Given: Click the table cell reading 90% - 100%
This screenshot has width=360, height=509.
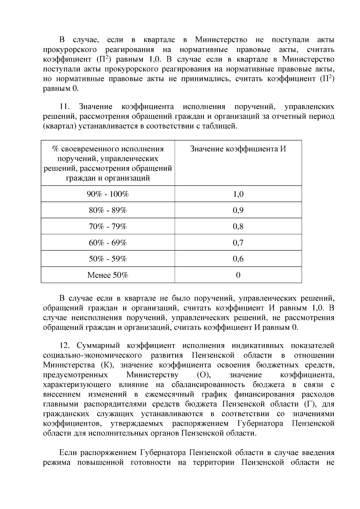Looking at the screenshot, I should (108, 194).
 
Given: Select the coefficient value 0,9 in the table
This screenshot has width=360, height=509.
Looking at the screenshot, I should (238, 210).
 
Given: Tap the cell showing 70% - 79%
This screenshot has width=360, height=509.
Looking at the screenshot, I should (108, 226).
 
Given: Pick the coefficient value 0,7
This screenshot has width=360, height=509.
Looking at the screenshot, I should (238, 243).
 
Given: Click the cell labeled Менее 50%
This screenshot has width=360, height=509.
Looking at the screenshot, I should (108, 275).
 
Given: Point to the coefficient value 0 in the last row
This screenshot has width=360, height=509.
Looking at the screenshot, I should (238, 275).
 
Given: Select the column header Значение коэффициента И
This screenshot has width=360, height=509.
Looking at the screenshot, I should (238, 149).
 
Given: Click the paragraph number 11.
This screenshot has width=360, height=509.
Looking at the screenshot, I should (65, 107).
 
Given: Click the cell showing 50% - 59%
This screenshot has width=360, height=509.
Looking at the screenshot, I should (108, 259).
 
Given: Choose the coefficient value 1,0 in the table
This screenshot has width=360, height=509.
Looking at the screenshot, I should (238, 194).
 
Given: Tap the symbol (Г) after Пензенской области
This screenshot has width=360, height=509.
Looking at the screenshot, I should (309, 404).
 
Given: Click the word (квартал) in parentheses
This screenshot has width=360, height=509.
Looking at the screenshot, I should (60, 126).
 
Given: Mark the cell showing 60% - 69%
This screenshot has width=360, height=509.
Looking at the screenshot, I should (108, 243).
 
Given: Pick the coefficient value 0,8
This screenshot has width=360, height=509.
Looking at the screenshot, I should (238, 226).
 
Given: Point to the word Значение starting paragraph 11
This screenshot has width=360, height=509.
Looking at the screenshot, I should (96, 107).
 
